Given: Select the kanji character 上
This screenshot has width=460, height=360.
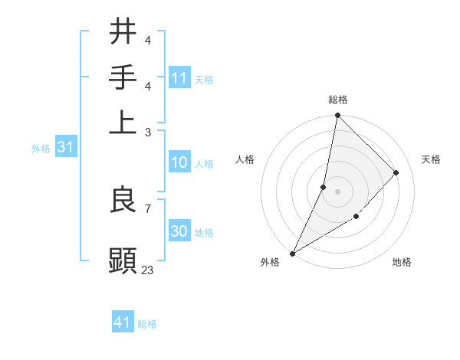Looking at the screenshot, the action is [x=123, y=122].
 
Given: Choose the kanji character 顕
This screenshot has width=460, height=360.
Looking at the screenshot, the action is [x=123, y=260].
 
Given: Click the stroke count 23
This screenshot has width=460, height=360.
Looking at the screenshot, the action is [x=147, y=270].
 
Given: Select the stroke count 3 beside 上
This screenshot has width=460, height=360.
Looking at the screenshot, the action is [x=147, y=132].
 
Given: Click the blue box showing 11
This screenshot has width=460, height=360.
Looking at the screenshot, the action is [x=179, y=78].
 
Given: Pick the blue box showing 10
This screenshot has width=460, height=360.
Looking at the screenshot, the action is [x=179, y=162].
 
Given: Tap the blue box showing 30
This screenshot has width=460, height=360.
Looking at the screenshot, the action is [x=179, y=231].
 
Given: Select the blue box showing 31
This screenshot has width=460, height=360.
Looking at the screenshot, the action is [x=65, y=148].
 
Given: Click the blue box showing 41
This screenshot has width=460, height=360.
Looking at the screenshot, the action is [x=123, y=322].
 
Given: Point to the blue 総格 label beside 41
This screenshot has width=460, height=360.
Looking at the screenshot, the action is [x=147, y=324].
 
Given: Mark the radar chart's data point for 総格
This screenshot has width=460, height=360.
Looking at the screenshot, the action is [x=337, y=115].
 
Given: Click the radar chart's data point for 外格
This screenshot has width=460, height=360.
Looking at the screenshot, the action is [x=292, y=254].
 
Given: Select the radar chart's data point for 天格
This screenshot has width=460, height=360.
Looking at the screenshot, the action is [x=396, y=172].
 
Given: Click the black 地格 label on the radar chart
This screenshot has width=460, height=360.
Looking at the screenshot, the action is [x=402, y=262].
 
